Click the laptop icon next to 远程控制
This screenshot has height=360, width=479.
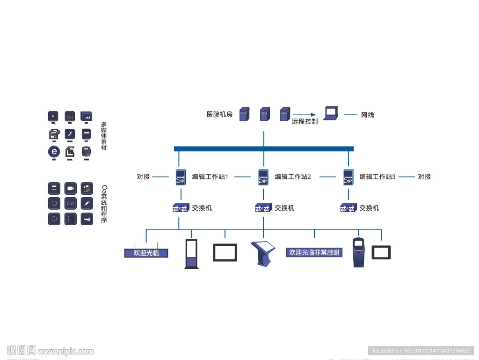click(x=331, y=113)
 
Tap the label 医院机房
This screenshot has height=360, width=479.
click(x=219, y=114)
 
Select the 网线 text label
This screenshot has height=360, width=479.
click(x=367, y=115)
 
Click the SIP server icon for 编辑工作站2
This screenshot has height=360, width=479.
click(x=263, y=177)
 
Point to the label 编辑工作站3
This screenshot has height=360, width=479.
click(x=377, y=177)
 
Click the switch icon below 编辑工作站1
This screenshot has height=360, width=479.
click(x=181, y=208)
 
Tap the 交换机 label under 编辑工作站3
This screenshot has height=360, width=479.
click(x=369, y=208)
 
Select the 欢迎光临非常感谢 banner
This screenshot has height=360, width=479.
click(x=314, y=253)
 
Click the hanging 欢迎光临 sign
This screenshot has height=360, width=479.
click(x=146, y=253)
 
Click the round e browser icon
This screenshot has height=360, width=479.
click(x=54, y=152)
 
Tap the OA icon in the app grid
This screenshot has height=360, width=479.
click(x=70, y=204)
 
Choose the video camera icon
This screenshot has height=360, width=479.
click(x=70, y=188)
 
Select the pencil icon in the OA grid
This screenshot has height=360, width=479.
click(x=87, y=204)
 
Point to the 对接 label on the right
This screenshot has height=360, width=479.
click(x=424, y=177)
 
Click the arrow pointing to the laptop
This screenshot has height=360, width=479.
click(x=305, y=114)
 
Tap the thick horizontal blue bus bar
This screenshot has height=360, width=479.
click(x=263, y=149)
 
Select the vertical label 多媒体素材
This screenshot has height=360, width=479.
click(x=104, y=136)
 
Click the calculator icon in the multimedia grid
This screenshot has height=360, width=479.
click(x=86, y=152)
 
